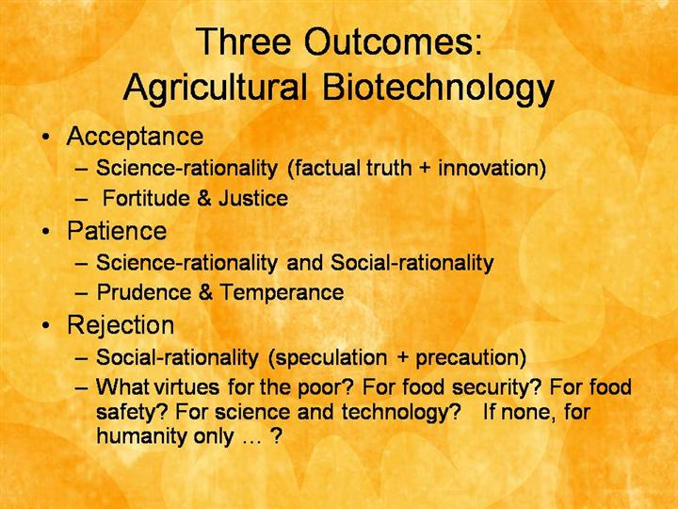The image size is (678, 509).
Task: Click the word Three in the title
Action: [x=244, y=41]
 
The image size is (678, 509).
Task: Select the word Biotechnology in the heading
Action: [x=438, y=88]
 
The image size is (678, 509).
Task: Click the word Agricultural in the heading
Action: [x=215, y=88]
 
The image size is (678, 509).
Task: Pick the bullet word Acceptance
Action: [x=135, y=137]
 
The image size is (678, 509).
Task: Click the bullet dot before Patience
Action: [x=46, y=232]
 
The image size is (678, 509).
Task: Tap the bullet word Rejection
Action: [x=121, y=325]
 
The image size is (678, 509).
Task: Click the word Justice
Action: [x=253, y=198]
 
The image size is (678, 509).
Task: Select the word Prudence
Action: [x=143, y=292]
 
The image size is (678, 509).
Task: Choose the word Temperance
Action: [x=282, y=292]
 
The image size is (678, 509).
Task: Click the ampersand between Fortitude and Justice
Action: [x=204, y=198]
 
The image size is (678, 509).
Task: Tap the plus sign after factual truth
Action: [x=425, y=169]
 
